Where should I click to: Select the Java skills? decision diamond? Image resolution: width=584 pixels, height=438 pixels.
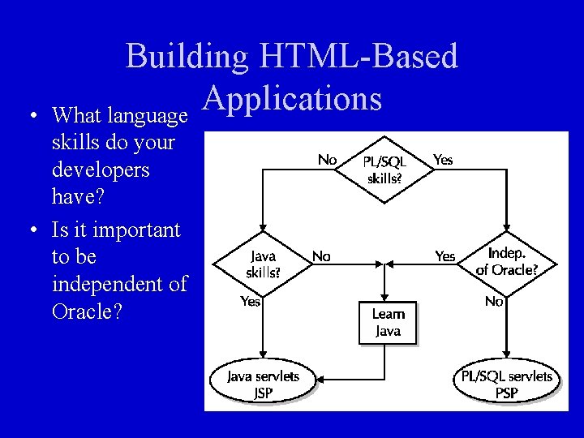coord(263,264)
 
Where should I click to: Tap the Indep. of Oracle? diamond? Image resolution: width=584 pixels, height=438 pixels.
coord(506,261)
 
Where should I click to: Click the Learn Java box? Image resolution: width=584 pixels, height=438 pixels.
coord(389,323)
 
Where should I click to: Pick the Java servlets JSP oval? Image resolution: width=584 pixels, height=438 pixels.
coord(262,384)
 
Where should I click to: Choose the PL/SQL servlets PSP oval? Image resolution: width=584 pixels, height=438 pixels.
coord(506,384)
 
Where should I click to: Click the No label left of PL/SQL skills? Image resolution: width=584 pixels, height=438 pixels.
coord(327,160)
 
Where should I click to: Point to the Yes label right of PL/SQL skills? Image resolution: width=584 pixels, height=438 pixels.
coord(443,160)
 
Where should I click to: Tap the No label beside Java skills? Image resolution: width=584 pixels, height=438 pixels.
coord(321,256)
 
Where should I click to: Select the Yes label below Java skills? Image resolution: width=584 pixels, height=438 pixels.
coord(251,301)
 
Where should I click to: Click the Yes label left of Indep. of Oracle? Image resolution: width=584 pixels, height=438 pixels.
coord(445,256)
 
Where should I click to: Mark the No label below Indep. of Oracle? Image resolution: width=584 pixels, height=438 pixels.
coord(494,301)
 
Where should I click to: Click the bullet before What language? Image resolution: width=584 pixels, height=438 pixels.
coord(32,116)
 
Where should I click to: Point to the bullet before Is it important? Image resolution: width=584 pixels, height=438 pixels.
coord(32,230)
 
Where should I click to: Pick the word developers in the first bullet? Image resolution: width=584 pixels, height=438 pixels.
coord(101,170)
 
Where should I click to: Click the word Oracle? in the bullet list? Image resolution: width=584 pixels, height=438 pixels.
coord(86,311)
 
